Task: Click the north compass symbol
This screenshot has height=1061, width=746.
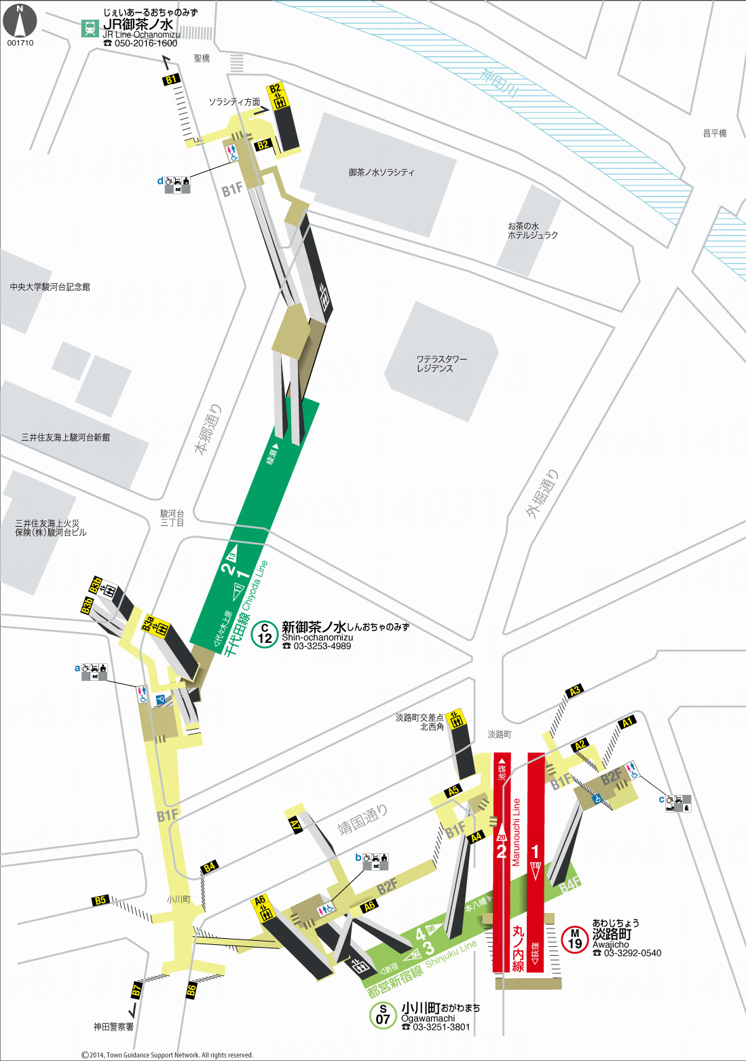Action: click(20, 22)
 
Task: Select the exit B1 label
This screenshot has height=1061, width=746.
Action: click(171, 79)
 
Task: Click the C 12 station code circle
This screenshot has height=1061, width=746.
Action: click(265, 634)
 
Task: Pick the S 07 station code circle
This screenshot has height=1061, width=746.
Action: click(383, 1015)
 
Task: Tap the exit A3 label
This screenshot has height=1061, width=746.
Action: click(574, 691)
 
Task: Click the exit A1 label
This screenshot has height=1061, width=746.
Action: click(627, 722)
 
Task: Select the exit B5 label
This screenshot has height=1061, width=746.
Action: click(100, 900)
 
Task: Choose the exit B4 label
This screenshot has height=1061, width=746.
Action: click(210, 866)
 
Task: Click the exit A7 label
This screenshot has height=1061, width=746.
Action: click(296, 825)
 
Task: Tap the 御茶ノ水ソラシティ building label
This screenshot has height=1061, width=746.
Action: click(381, 172)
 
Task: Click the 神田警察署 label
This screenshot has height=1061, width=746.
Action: click(113, 1027)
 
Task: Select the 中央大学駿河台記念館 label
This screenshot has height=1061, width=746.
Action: click(50, 287)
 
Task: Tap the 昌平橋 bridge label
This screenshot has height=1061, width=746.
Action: click(715, 134)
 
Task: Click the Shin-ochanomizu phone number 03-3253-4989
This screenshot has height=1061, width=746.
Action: click(322, 646)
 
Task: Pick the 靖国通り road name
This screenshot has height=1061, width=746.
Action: click(362, 819)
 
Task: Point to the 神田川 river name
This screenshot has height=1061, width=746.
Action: click(500, 82)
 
